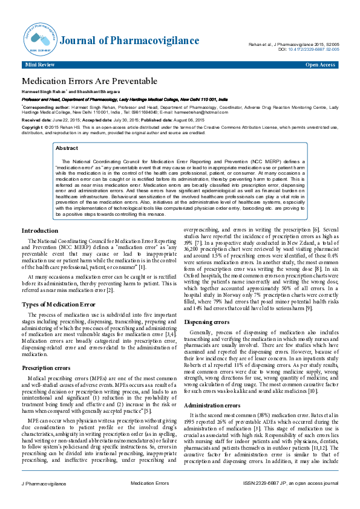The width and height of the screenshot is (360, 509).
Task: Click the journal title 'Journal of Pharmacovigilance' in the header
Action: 129,41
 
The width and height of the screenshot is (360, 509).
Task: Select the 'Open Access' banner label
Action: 321,64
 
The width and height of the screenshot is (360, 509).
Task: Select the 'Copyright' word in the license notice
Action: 33,128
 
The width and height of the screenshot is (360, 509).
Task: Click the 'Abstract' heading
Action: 67,148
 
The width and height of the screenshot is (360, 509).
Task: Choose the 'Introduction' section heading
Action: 40,231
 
